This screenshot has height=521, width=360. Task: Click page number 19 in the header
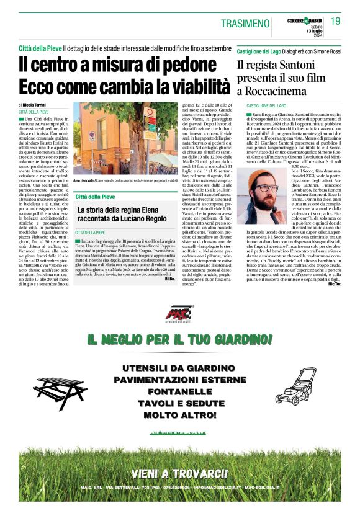click(x=336, y=21)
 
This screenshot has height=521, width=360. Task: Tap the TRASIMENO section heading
click(x=245, y=24)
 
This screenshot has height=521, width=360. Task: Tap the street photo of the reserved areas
click(x=125, y=140)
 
